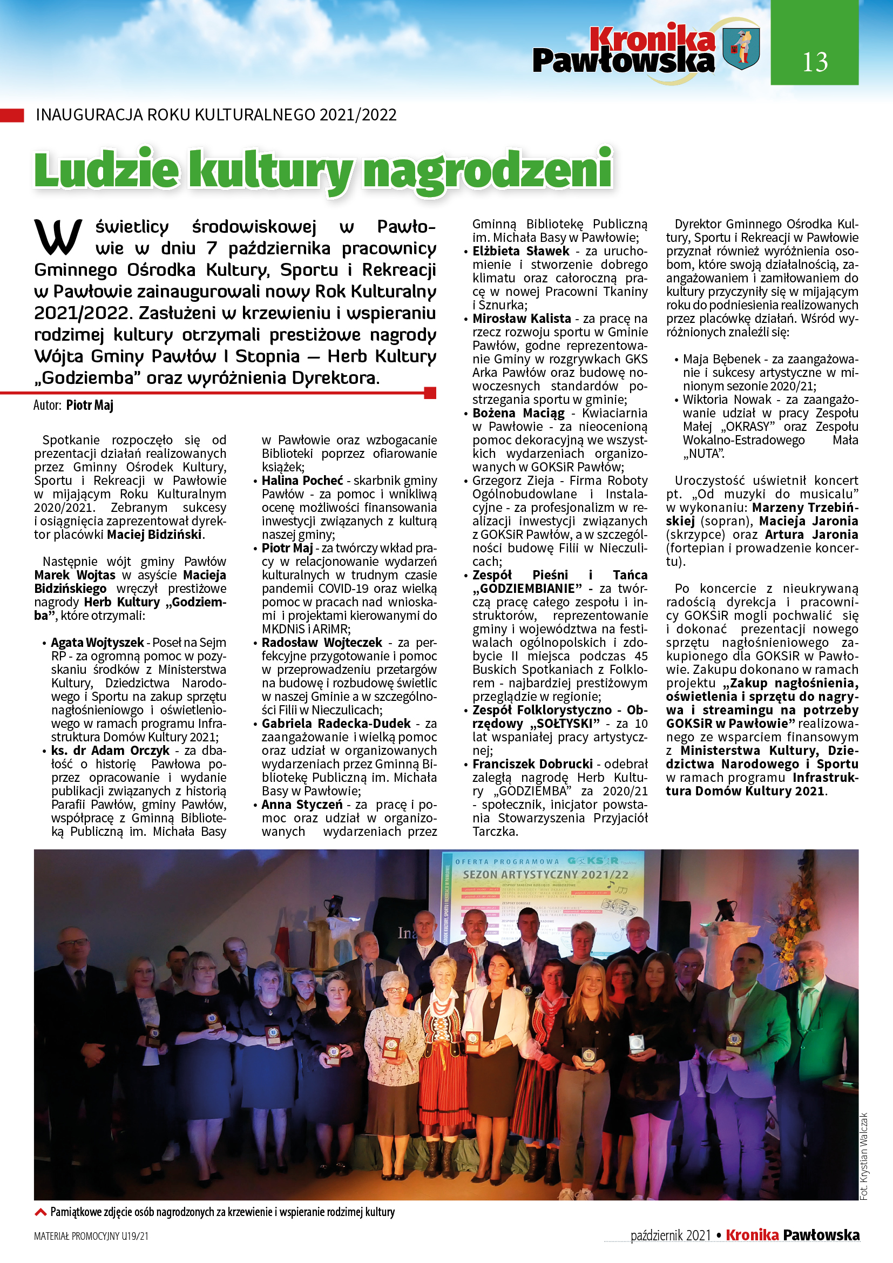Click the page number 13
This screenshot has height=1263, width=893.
point(814,62)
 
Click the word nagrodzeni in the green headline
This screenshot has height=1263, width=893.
point(488,170)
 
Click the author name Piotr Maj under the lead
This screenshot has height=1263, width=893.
point(90,406)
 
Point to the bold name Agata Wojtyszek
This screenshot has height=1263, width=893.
point(97,643)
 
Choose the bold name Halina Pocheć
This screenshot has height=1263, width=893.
point(302,481)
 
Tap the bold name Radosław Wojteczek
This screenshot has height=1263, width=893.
point(322,643)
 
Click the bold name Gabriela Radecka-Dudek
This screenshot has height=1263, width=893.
point(336,724)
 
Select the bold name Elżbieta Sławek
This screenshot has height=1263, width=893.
point(520,252)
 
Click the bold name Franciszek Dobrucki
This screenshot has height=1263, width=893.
point(532,764)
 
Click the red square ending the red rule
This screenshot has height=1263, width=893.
point(430,393)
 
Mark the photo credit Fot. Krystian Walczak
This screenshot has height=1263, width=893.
point(864,1156)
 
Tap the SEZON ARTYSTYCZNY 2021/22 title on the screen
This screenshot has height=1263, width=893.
point(545,874)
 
